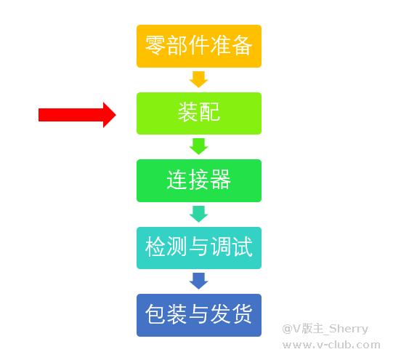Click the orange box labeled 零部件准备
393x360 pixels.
pos(199,46)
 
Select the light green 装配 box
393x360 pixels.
pos(199,113)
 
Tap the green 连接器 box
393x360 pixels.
pos(199,180)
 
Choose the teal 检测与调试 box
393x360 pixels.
pos(199,248)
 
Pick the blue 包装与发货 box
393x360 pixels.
pos(199,315)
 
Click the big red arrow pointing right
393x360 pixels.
pos(77,115)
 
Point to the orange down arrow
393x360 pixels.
pos(199,79)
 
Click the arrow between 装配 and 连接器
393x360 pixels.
pos(199,146)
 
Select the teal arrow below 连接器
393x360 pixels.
pos(199,214)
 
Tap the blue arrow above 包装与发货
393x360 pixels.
pos(199,281)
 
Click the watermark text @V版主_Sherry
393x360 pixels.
pos(325,329)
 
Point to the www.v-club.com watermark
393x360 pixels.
pos(331,345)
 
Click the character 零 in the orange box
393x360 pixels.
pos(155,45)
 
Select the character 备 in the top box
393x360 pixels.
pos(242,45)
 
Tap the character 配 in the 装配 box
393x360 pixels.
pos(210,112)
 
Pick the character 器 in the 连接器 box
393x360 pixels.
pos(221,180)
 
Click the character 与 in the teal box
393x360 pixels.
pos(199,247)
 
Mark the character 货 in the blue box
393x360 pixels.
pos(242,314)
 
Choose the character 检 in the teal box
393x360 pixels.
pos(155,247)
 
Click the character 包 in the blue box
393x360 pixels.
pos(155,314)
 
